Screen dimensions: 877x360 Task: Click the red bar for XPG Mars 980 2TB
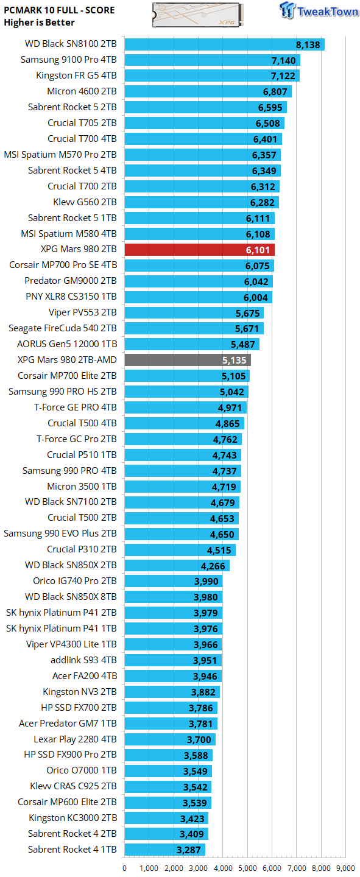coord(199,250)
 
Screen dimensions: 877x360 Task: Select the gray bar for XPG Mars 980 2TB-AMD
coord(188,361)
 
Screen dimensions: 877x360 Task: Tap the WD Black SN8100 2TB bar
coord(224,44)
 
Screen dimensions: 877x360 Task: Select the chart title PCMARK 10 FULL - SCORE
coord(59,10)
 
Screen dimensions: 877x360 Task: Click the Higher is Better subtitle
coord(40,23)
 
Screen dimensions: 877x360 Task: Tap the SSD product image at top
coord(199,14)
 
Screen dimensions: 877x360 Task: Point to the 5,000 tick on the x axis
coord(247,868)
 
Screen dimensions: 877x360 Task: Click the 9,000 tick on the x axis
coord(345,868)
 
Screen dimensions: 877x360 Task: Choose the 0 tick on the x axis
coord(125,868)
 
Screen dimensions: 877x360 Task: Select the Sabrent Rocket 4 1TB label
coord(72,850)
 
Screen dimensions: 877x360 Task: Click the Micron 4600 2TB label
coord(82,92)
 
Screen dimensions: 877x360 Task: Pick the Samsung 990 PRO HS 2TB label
coord(62,392)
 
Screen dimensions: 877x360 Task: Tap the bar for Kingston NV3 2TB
coord(172,692)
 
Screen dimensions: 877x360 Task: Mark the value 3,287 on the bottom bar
coord(189,850)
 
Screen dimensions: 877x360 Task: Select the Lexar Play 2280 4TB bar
coord(170,739)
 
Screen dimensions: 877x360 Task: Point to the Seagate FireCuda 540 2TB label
coord(62,329)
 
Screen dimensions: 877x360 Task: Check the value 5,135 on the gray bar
coord(235,361)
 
